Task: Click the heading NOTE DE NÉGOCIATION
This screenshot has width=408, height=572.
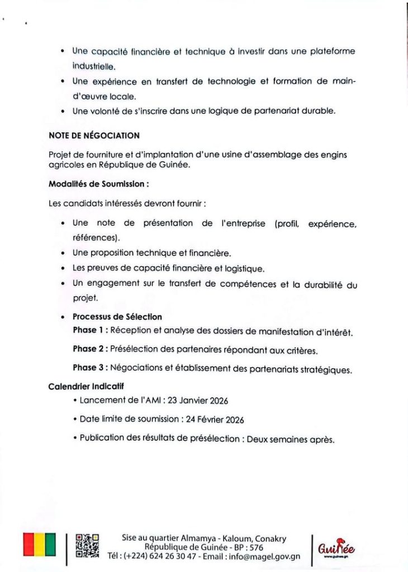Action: click(x=94, y=135)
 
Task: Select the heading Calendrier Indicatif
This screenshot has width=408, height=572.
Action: click(x=86, y=385)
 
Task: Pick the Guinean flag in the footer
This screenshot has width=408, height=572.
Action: click(x=39, y=544)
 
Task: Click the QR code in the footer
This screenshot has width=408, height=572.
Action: click(x=87, y=546)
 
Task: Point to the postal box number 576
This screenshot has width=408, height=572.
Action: click(x=255, y=547)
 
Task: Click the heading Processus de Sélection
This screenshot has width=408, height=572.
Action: click(x=117, y=317)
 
